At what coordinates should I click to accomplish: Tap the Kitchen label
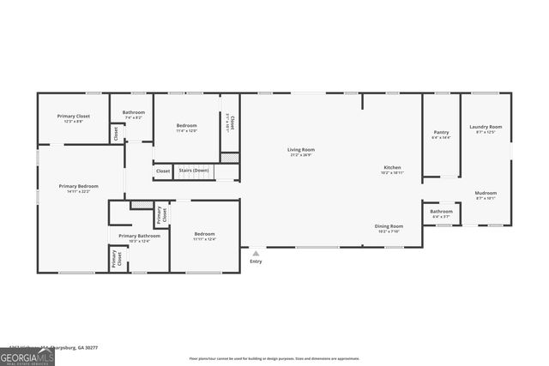tap(391, 167)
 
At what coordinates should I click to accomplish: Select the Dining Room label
tap(388, 226)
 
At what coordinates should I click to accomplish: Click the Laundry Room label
tap(485, 127)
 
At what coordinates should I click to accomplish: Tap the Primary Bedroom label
tap(78, 186)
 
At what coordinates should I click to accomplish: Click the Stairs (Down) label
tap(193, 171)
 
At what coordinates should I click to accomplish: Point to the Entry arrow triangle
tap(255, 252)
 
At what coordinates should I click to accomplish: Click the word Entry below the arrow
tap(255, 261)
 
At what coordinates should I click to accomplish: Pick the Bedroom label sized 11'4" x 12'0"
tap(186, 126)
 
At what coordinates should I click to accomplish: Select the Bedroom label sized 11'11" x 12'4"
tap(204, 234)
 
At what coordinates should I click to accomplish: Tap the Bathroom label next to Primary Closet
tap(133, 112)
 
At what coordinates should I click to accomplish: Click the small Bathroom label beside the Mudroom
tap(441, 211)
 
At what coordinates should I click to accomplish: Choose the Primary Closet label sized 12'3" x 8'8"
tap(73, 117)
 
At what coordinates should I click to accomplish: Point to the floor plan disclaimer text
tap(274, 358)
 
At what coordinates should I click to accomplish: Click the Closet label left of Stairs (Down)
tap(163, 171)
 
